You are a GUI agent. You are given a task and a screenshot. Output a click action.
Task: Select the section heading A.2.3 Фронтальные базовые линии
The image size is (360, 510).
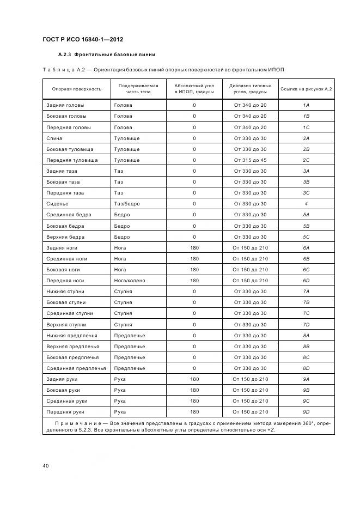coord(107,54)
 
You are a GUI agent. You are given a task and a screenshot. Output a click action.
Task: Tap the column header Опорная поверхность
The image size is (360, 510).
coord(76,89)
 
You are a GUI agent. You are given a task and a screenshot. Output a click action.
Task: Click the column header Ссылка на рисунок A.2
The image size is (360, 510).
coord(306,89)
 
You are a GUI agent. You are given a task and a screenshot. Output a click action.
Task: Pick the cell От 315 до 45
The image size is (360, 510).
coord(250,160)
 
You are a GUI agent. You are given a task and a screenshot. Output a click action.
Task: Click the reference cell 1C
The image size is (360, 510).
coord(306,127)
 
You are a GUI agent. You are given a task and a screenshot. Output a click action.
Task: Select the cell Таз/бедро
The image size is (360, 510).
coord(126,204)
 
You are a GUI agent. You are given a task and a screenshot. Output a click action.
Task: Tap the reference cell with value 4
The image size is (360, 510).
coord(306,204)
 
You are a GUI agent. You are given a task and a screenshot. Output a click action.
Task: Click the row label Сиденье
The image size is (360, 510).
coord(57,204)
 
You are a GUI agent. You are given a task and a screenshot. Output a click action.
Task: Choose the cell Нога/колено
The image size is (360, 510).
coord(130,281)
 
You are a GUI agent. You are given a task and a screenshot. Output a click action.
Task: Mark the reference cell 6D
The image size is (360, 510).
coord(306,281)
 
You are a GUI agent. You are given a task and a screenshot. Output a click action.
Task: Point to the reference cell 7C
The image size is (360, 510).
coord(306,313)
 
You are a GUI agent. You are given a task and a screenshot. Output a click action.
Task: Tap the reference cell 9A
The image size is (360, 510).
coord(306,379)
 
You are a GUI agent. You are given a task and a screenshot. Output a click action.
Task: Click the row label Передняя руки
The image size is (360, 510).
coord(65,412)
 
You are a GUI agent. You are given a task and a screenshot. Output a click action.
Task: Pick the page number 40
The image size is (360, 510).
coord(46,465)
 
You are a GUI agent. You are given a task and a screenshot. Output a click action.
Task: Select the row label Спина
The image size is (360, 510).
coord(54,138)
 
